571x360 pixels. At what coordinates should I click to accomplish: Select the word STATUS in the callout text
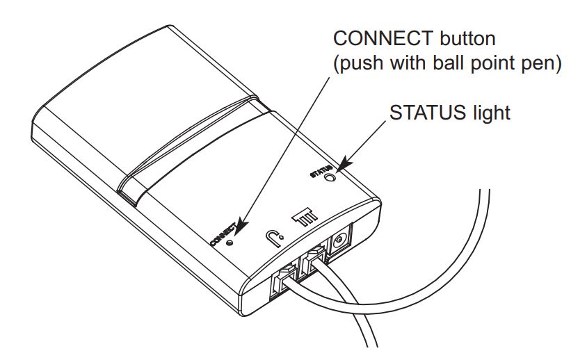pyautogui.click(x=426, y=112)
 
